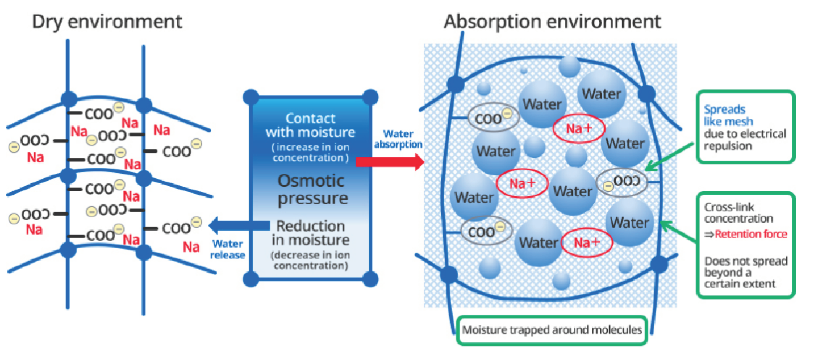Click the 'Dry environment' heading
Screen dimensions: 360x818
pos(107,22)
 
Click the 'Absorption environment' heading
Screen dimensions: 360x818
pos(552,22)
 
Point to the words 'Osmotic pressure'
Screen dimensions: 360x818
pos(311,190)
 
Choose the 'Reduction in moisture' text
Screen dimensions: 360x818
pos(311,233)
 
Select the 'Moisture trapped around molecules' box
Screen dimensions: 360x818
pos(552,329)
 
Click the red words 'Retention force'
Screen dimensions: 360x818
pos(750,235)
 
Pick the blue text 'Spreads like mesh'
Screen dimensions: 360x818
pos(728,115)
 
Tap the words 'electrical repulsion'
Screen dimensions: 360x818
pos(745,140)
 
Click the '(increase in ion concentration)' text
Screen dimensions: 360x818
pos(310,152)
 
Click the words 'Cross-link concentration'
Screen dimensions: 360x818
pos(738,213)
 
